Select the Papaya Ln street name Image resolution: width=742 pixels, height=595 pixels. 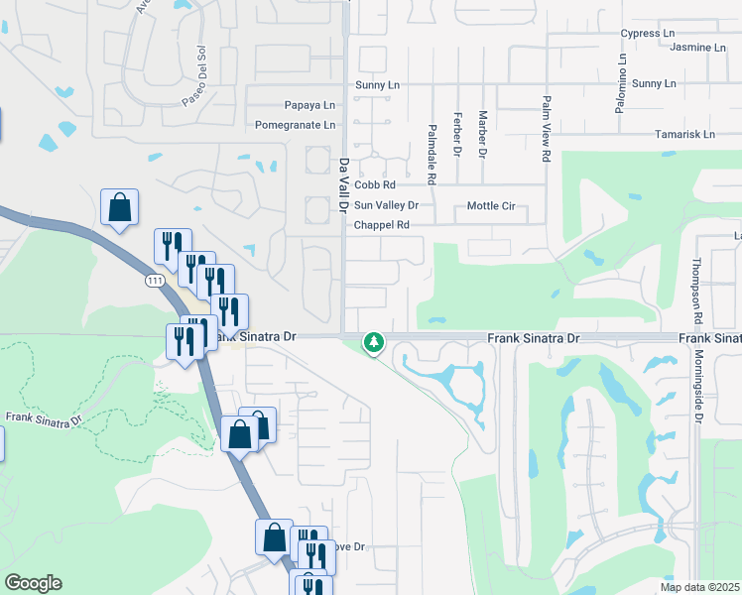[x=282, y=105]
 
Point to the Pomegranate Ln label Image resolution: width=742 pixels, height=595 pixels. [x=296, y=125]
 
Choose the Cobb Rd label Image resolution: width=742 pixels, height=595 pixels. [x=375, y=184]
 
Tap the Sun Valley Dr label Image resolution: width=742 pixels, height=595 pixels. [x=387, y=205]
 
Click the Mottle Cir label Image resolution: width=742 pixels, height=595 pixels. [x=491, y=206]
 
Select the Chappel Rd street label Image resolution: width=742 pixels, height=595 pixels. [x=382, y=225]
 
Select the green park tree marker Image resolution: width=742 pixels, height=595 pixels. [x=373, y=343]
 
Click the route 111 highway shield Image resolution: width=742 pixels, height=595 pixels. [x=154, y=282]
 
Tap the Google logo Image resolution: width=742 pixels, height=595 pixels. [x=33, y=583]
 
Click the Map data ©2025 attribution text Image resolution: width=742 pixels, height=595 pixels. [x=698, y=587]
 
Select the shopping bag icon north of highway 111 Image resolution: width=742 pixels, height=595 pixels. [x=119, y=208]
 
